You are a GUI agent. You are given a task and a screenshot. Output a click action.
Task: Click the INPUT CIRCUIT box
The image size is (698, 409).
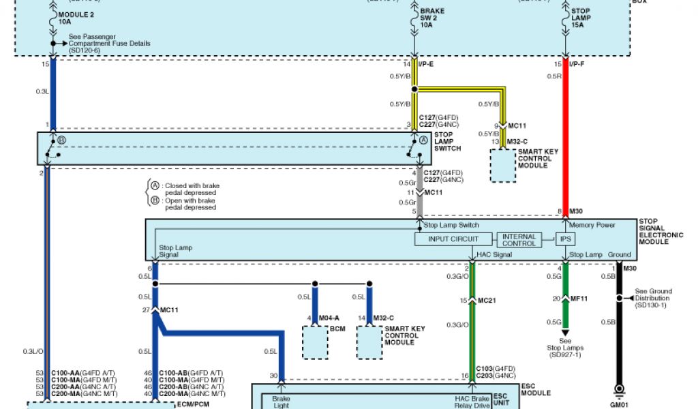pos(453,239)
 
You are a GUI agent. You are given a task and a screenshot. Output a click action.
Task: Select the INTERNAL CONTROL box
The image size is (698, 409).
pos(519,239)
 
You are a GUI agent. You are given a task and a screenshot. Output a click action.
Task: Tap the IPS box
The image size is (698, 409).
pos(565,239)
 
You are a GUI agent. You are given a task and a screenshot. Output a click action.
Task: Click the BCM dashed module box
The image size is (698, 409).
pos(314,342)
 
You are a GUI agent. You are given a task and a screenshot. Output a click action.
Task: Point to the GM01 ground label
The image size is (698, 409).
pos(620,404)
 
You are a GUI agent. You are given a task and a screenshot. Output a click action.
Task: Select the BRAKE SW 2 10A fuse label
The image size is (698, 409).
pos(432,18)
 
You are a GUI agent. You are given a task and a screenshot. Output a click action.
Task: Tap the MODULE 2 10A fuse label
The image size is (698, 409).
pos(77,18)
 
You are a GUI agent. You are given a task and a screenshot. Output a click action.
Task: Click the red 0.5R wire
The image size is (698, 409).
pos(565,136)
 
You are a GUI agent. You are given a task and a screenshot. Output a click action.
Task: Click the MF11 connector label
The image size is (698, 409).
pos(580,299)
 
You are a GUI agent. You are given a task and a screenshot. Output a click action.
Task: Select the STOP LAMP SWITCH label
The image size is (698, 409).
pos(447,142)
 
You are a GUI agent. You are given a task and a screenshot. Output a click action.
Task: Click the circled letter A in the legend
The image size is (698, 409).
pos(155,185)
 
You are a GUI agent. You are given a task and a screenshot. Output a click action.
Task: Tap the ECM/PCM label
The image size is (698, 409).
pos(192,404)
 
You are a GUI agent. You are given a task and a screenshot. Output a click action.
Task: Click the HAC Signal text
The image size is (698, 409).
pos(494,254)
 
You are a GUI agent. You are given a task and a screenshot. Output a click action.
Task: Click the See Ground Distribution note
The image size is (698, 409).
pos(652,298)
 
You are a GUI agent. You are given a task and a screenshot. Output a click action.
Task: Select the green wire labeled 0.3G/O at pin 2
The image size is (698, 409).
pos(472,320)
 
